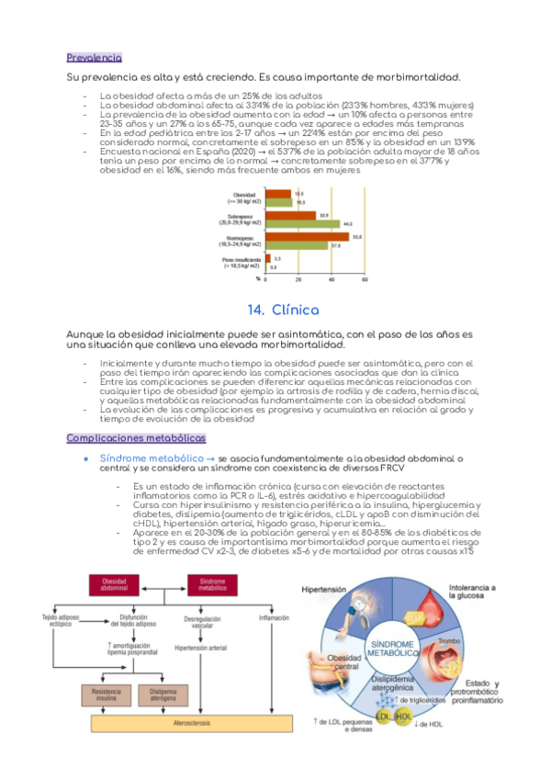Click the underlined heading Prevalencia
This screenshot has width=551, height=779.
pos(95,57)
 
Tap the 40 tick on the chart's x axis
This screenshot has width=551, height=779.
pos(332,279)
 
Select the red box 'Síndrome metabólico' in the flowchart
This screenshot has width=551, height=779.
pos(213,585)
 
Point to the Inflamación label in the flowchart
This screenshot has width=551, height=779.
pos(274,617)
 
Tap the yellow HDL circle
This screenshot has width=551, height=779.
pos(403,717)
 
